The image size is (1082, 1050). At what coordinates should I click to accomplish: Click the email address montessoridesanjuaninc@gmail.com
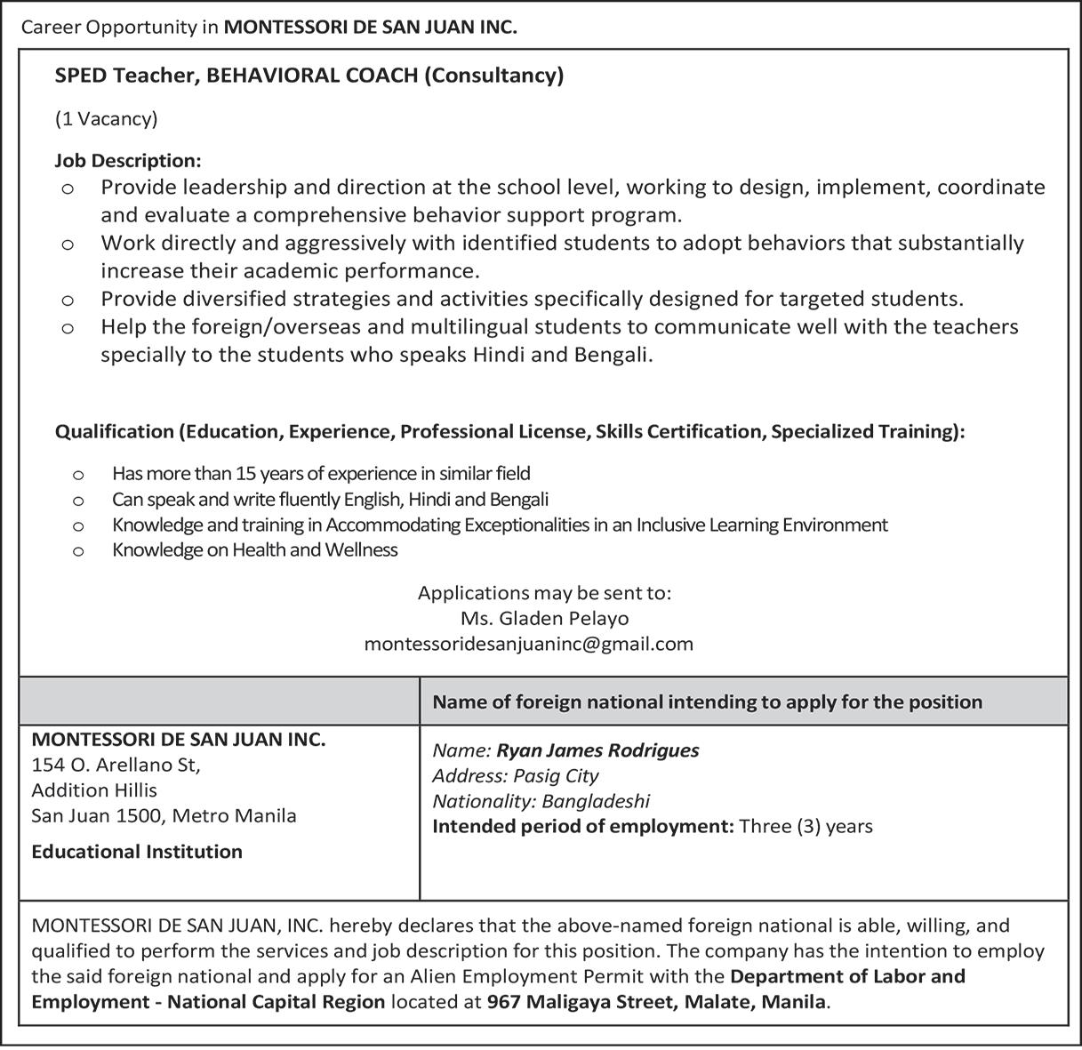click(x=528, y=644)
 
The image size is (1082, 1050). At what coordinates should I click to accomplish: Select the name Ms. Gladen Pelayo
click(x=544, y=618)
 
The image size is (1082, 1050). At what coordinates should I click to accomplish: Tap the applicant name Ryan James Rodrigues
click(x=597, y=750)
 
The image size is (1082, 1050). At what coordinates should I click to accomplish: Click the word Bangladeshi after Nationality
click(x=596, y=801)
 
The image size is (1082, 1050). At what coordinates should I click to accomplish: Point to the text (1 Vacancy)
click(x=106, y=118)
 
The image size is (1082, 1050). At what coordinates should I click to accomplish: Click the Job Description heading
click(x=128, y=161)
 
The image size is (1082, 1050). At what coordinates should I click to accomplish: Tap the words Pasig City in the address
click(x=556, y=775)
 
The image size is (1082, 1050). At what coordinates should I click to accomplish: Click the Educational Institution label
click(x=137, y=852)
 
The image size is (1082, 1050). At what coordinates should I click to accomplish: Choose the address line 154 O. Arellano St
click(x=116, y=765)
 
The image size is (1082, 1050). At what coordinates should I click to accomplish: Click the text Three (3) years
click(x=805, y=827)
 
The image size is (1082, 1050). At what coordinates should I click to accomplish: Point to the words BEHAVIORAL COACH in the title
click(x=312, y=76)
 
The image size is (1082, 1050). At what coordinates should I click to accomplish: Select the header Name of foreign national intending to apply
click(x=707, y=702)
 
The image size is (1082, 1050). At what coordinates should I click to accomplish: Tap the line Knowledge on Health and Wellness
click(x=254, y=549)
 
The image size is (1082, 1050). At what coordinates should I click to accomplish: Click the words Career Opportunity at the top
click(x=108, y=27)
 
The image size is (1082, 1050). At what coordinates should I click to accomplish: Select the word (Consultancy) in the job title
click(x=493, y=76)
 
